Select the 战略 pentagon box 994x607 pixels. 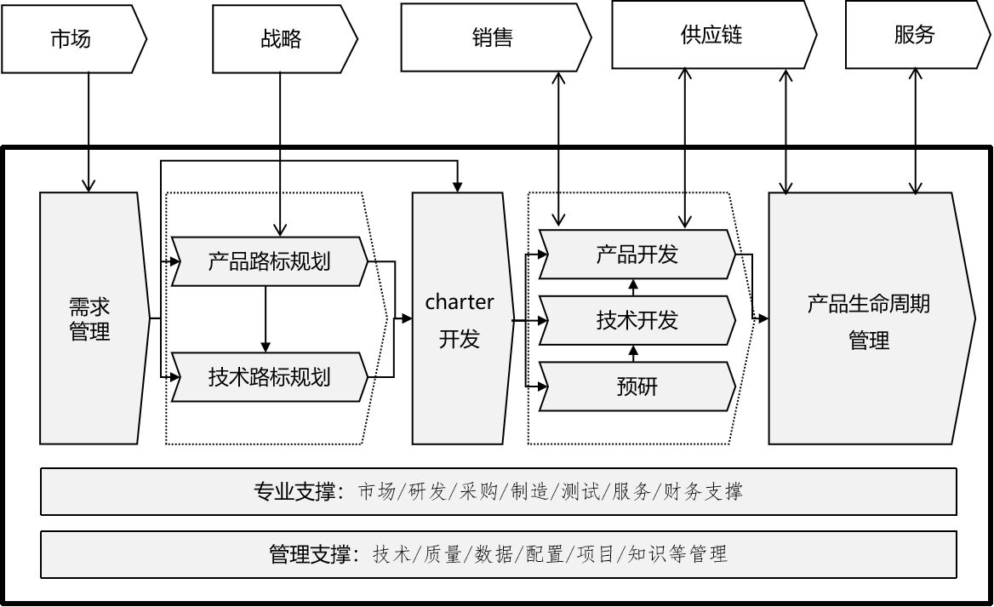pos(280,39)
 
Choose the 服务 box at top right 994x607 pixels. pos(915,35)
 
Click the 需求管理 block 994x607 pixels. pos(89,318)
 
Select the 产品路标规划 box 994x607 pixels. pos(269,261)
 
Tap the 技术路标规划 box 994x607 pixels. pos(269,375)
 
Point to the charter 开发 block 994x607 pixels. pos(460,319)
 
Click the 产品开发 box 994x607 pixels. pos(637,254)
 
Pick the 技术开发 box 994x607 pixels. pos(637,320)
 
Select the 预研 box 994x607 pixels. pos(637,387)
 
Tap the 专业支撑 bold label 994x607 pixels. pos(297,491)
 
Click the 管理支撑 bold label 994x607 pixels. pos(311,555)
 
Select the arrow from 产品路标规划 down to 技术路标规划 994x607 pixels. pos(266,318)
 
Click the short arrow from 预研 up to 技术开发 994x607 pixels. pos(632,353)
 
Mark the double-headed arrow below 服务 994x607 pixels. pos(916,132)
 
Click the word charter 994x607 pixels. pos(460,302)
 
